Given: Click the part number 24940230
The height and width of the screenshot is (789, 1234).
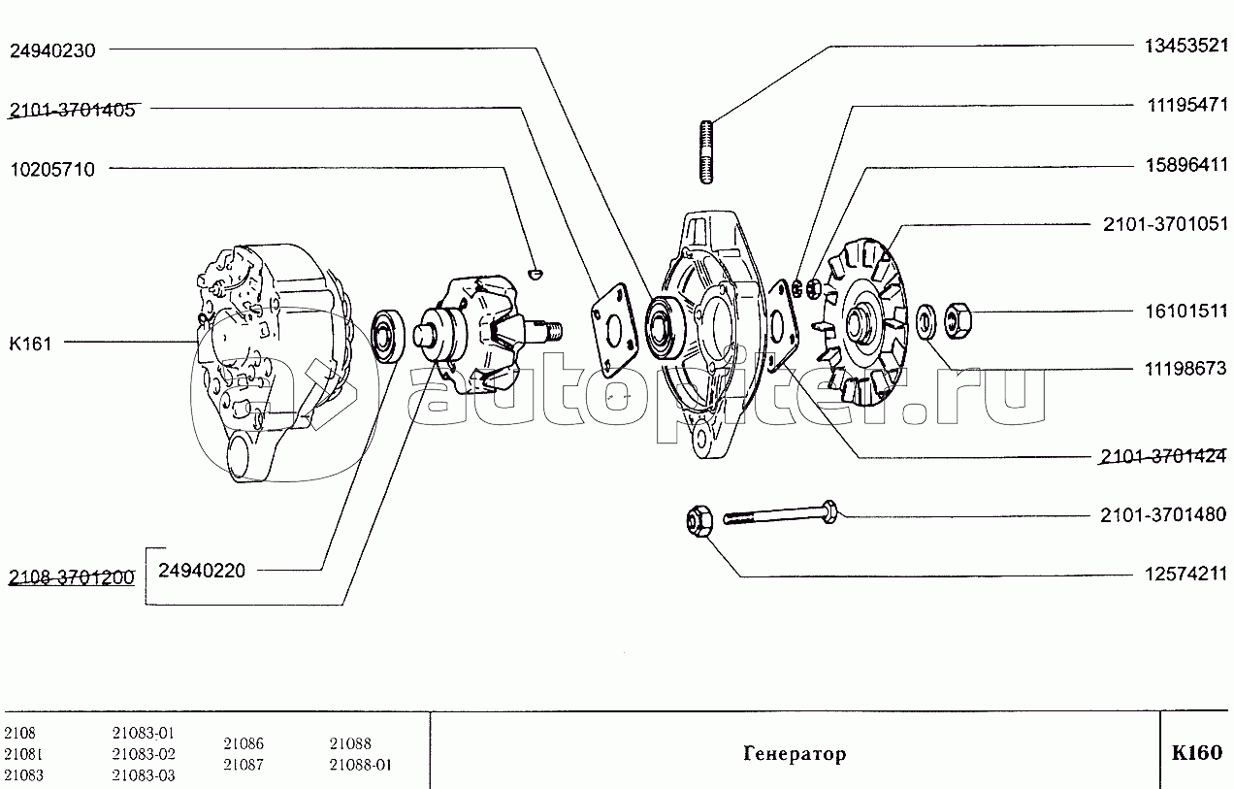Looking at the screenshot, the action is coord(53,50).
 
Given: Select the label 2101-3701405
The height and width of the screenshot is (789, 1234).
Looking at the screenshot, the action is coord(72,110).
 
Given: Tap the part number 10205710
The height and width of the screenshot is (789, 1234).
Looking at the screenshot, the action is coord(53,169).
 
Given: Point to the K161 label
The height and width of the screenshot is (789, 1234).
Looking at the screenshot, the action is coord(30,344).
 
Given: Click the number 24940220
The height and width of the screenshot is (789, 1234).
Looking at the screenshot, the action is coord(202,571).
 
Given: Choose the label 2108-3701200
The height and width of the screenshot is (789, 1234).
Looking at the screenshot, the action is coord(72,577).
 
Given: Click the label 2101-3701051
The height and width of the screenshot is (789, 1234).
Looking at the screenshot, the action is coord(1164,224).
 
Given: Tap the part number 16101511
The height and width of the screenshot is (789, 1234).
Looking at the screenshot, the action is coord(1185,312).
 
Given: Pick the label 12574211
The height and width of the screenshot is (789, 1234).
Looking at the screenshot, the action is coord(1185,575).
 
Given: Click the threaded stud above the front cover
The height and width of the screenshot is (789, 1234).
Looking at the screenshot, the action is coord(707,152).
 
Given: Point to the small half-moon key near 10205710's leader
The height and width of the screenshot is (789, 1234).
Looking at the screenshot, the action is coord(535,272).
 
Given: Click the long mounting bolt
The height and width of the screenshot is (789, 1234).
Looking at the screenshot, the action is coord(780,513).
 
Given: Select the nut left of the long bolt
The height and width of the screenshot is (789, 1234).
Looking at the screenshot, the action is coord(699,520).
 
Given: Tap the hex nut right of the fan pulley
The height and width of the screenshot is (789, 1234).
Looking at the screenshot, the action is coord(958,320).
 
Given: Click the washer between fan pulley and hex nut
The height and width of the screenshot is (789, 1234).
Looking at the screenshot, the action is coord(925,320).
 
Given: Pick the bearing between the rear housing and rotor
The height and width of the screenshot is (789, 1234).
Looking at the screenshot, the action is coord(388,336).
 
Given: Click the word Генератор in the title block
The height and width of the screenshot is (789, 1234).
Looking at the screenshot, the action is coord(795,753).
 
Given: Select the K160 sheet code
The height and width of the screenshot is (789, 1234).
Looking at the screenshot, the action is coord(1196,753).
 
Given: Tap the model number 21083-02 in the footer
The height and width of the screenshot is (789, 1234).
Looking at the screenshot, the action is coord(144,754).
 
